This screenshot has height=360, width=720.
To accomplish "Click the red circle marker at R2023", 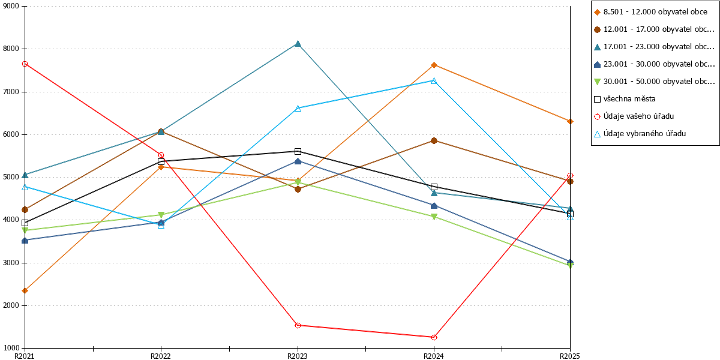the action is pos(298,326).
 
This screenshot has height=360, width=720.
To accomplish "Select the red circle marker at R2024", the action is pos(434,337).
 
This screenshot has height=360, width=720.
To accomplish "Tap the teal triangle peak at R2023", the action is pos(298,44).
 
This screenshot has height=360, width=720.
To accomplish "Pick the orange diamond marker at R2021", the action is pos(25,291).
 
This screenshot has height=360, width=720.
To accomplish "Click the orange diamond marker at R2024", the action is pos(434,65).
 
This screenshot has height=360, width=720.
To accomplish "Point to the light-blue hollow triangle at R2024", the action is pos(434,80).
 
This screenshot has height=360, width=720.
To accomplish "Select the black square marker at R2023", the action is pos(298,151).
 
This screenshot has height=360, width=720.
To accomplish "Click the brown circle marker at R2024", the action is pos(434,141).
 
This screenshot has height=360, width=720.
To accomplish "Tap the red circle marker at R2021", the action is pos(25,64).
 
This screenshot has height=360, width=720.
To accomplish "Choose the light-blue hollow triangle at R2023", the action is pos(298,109).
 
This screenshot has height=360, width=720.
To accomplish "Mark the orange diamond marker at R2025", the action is pos(570,121).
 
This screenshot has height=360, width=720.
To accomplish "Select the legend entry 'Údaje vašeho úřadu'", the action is pos(634,116).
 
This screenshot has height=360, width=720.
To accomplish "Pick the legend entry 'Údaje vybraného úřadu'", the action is pos(640,134).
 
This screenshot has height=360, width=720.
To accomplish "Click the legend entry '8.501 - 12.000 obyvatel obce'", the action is pos(650,12).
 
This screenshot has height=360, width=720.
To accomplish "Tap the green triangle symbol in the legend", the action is pos(597,82).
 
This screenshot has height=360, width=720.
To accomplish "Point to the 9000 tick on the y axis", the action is pos(22,6).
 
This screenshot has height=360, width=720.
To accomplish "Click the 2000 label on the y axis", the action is pos(11,305).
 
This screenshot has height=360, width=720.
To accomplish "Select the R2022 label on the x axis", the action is pos(161,356).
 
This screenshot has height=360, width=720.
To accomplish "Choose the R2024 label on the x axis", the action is pos(434,356).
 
